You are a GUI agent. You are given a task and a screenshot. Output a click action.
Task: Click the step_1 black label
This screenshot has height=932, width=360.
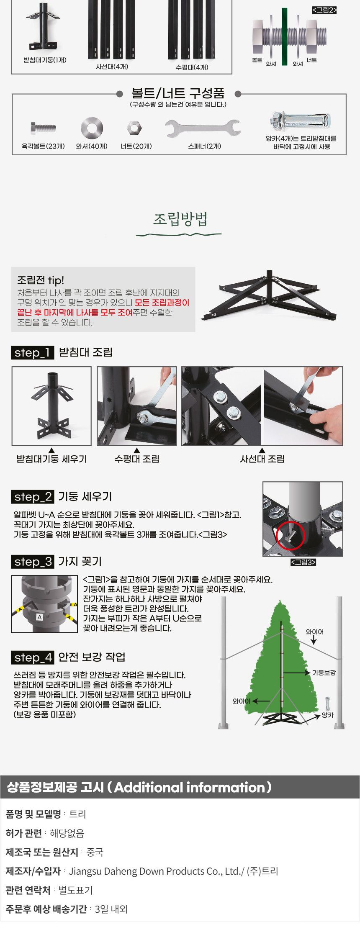point(32,352)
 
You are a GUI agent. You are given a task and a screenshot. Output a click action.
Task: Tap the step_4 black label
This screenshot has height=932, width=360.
point(32,657)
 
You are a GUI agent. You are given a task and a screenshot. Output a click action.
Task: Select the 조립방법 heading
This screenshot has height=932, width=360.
point(180,219)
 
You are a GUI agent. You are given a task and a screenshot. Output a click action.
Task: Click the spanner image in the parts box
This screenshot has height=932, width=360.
point(203,128)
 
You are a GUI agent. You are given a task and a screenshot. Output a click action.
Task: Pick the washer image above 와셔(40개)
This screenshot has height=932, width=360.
point(92,128)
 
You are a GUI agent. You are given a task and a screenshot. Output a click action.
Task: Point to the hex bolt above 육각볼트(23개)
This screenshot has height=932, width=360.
point(43,128)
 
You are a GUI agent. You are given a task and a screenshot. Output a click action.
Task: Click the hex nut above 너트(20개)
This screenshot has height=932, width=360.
point(134,128)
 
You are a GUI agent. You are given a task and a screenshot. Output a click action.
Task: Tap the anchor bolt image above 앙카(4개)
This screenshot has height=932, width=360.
point(301,121)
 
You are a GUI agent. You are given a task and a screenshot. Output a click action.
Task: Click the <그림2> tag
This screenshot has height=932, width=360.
point(324,10)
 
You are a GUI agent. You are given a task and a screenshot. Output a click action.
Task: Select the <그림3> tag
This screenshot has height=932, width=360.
point(303,562)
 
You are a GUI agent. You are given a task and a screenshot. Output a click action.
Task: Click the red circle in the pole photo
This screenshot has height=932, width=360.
point(291,535)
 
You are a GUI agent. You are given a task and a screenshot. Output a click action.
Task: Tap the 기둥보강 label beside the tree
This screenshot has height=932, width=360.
point(324,673)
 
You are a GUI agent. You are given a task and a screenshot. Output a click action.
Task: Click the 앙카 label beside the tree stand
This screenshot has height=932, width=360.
point(328,715)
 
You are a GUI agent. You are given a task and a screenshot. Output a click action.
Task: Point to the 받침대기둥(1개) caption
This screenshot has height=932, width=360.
point(45,60)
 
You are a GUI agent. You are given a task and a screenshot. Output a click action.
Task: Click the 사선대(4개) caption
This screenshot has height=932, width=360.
point(112,67)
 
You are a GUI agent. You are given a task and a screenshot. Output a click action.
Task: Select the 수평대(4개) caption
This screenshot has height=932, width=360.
point(192,67)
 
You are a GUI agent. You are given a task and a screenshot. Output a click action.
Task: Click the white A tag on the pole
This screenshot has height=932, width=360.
point(40,617)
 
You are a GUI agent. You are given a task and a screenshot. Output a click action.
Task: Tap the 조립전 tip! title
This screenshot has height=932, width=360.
point(41,280)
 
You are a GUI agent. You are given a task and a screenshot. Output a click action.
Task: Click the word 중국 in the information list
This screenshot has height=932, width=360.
point(95,852)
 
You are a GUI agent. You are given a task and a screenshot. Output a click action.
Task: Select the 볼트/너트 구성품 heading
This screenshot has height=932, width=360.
point(178,92)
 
